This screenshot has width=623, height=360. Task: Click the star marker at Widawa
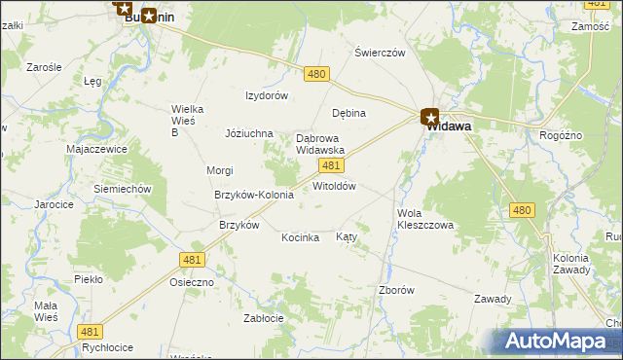(430, 119)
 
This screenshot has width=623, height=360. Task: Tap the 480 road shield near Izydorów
(316, 74)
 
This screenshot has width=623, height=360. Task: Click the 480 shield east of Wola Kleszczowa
(523, 210)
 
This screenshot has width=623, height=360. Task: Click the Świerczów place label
(380, 53)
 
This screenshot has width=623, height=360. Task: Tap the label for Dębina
(348, 113)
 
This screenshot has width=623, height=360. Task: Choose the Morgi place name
(219, 170)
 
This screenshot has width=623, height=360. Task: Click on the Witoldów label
(334, 186)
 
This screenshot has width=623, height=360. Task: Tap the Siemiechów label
(122, 188)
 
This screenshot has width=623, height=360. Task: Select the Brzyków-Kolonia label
(254, 195)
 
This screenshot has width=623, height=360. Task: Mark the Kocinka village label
(301, 237)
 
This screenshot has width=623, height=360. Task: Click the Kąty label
(347, 236)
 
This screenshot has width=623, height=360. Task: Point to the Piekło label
(89, 279)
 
